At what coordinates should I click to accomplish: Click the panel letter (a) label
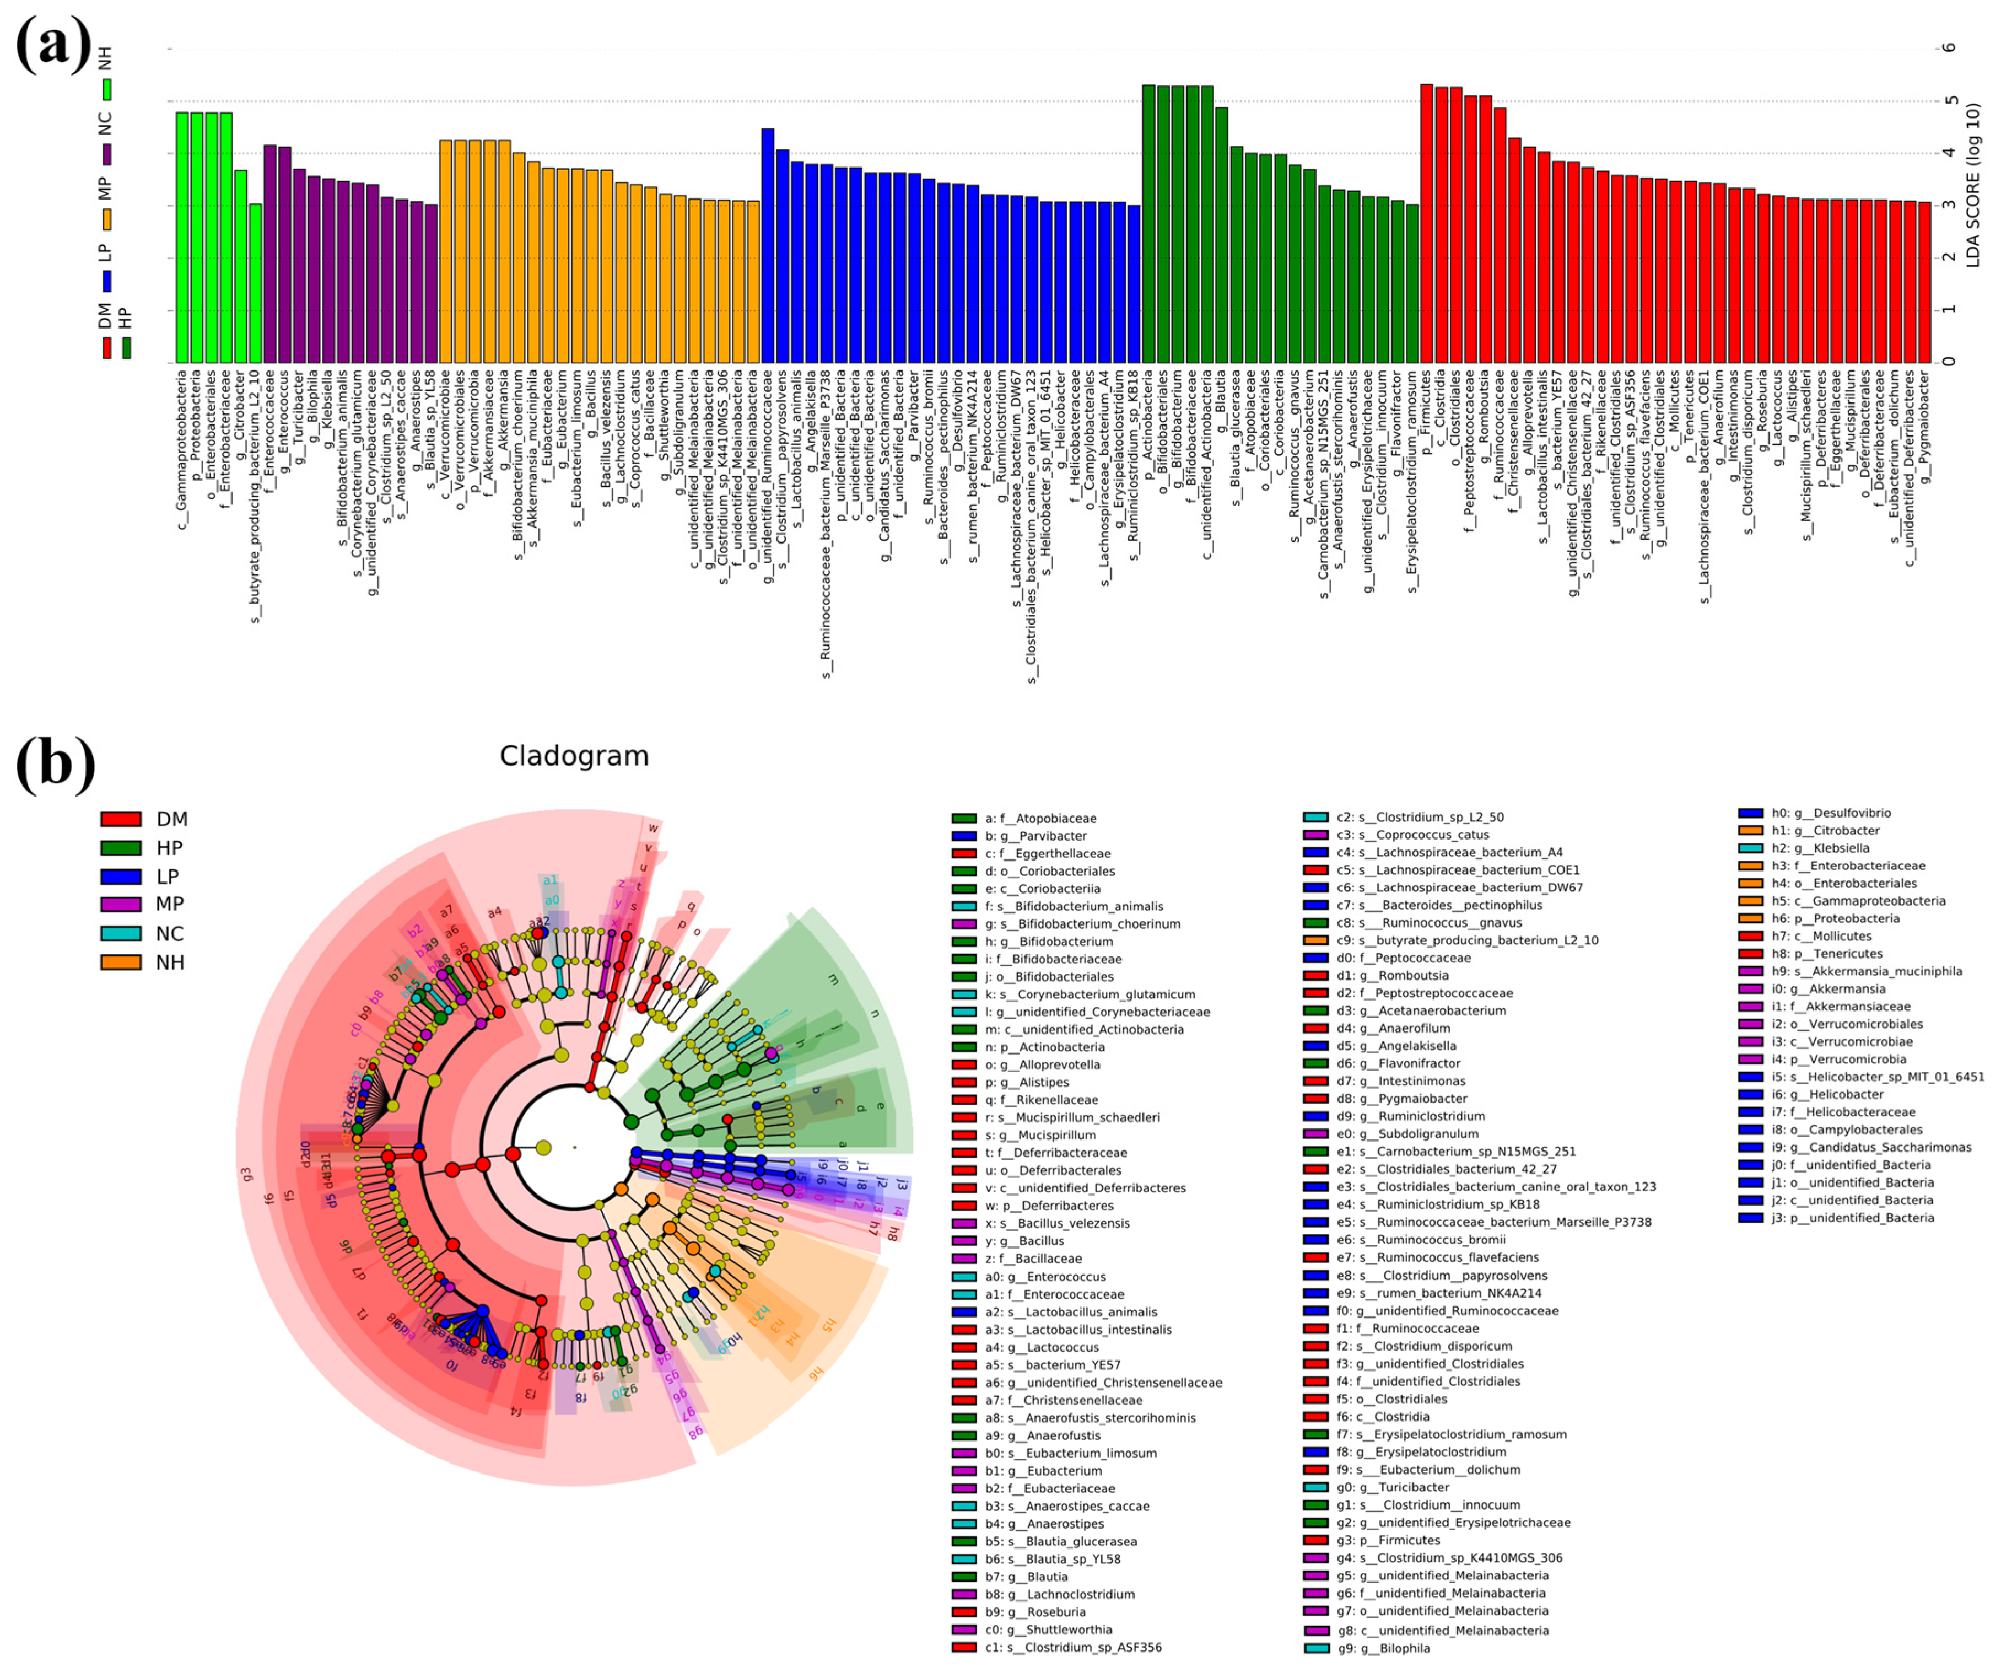[x=55, y=45]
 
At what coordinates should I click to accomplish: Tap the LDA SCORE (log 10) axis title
[x=1972, y=186]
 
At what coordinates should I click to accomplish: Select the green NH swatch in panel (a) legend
[x=107, y=90]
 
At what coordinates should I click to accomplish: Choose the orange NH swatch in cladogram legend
[x=121, y=962]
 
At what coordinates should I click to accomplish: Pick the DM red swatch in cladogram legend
[x=121, y=819]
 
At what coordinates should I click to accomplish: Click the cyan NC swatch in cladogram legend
[x=121, y=933]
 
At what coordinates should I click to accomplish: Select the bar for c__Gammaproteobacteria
[x=182, y=238]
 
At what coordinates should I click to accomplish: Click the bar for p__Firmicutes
[x=1426, y=223]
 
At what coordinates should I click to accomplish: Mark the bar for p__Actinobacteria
[x=1148, y=223]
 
